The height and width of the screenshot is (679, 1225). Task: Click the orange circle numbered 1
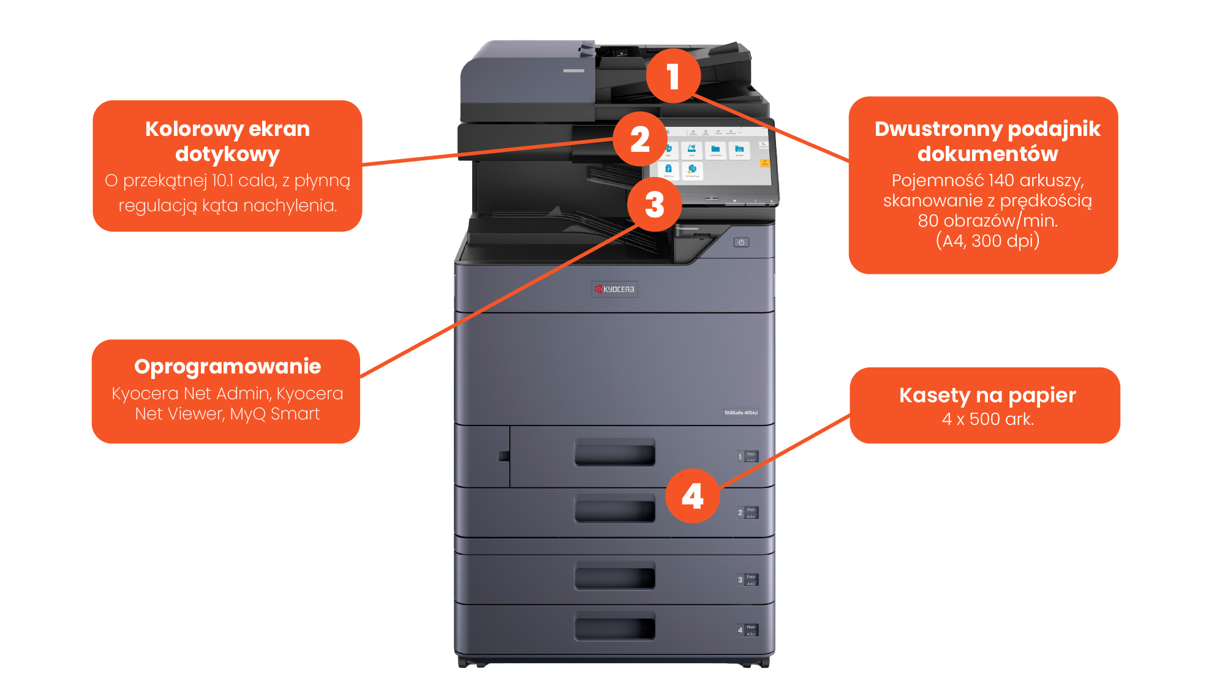[x=673, y=76]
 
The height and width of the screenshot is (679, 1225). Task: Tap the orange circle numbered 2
[x=640, y=139]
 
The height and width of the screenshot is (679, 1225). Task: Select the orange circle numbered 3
[x=654, y=204]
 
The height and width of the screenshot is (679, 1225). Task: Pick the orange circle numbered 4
[x=692, y=496]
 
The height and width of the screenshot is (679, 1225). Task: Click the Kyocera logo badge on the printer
[x=614, y=289]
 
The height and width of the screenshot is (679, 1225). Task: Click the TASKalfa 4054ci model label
[x=741, y=413]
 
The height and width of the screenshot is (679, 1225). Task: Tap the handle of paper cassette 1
[x=614, y=453]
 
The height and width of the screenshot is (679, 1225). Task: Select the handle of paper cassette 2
[x=614, y=509]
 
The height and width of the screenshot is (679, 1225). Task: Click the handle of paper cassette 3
[x=614, y=577]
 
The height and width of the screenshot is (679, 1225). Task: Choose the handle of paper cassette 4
[x=614, y=627]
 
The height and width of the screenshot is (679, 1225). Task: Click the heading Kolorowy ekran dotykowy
[x=227, y=141]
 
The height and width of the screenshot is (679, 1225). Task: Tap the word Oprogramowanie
[x=227, y=366]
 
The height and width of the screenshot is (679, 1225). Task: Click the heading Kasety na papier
[x=987, y=395]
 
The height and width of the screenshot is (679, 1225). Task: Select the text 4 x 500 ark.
[x=987, y=419]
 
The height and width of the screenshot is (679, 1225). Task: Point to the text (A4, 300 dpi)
[x=987, y=241]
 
